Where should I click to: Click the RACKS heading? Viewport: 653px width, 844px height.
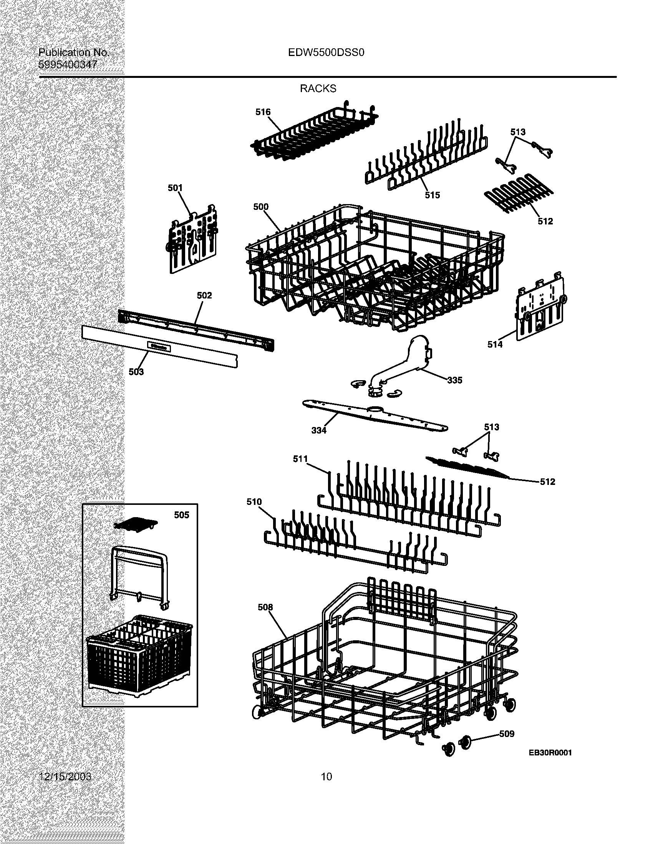318,89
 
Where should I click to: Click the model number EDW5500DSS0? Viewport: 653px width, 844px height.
326,53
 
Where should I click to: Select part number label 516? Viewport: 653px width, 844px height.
263,112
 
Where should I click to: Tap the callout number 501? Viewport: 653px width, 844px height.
175,188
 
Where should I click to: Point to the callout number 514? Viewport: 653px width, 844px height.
495,345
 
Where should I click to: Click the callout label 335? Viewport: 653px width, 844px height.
454,380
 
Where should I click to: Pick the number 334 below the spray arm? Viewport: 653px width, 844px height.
319,430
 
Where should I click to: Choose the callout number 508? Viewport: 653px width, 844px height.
265,608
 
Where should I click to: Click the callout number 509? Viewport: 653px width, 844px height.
507,734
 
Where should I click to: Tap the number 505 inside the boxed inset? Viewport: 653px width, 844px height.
181,515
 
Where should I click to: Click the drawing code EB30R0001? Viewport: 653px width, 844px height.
550,753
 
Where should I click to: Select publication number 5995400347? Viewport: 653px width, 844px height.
68,65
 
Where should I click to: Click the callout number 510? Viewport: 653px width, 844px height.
254,502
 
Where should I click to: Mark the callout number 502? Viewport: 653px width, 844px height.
204,296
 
